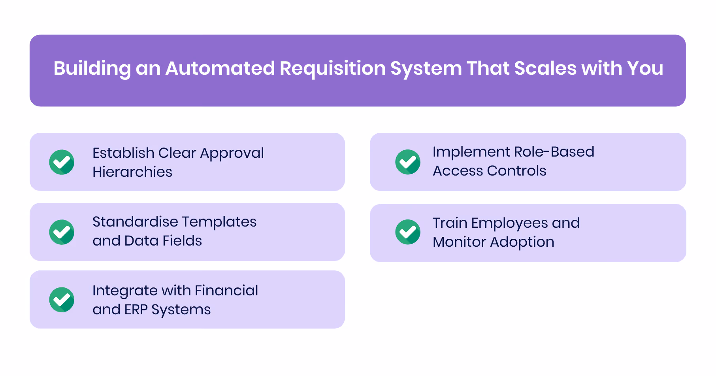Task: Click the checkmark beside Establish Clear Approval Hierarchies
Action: pos(62,162)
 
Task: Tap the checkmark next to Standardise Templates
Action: pos(62,232)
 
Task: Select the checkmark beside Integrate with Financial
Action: pos(62,300)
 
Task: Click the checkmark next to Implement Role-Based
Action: pos(408,162)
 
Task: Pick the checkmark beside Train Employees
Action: pos(408,232)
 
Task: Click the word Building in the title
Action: pos(92,68)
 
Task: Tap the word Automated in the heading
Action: pos(220,68)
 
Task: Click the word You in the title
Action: pos(645,68)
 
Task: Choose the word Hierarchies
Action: pos(132,172)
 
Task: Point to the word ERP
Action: pos(136,310)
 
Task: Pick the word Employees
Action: pos(509,223)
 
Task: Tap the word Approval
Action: pos(232,153)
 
